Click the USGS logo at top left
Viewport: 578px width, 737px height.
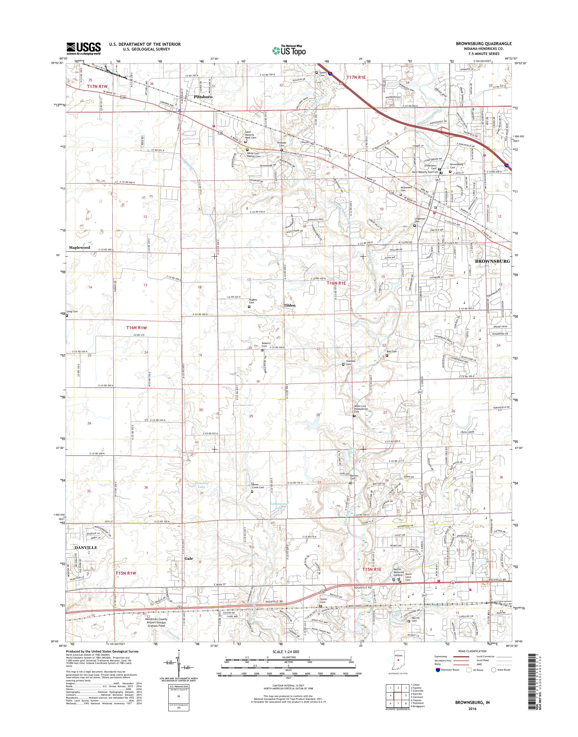tap(84, 48)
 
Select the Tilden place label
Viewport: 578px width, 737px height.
tap(289, 305)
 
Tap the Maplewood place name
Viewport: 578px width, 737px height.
tap(79, 248)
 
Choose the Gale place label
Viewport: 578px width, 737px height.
tap(189, 558)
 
